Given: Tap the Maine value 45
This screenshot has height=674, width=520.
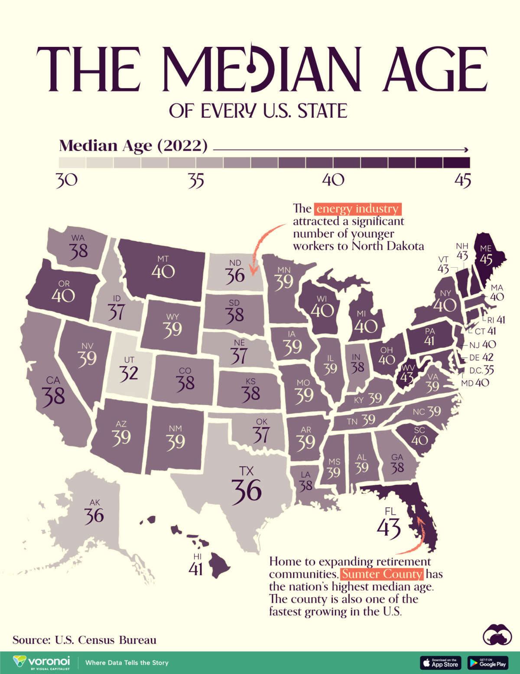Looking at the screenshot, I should coord(486,259).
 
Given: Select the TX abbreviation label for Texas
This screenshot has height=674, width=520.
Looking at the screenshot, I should coord(245,471).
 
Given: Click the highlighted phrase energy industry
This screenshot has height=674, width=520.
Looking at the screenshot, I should coord(357,209).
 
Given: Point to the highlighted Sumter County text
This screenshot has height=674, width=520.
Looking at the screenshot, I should coord(382,574).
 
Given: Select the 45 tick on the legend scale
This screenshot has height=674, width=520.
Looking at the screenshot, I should coord(462,180).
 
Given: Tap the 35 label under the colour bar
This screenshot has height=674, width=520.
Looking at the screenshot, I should coord(196,180).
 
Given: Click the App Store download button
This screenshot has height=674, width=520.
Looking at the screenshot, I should coord(440,663).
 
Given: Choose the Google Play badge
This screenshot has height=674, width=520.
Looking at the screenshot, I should coord(487,663).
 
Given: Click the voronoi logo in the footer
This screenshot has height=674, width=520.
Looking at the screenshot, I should coord(42,662).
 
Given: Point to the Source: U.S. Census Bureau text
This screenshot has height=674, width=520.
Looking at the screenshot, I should coord(84,640).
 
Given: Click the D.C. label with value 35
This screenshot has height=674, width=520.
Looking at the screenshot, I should coord(481,370).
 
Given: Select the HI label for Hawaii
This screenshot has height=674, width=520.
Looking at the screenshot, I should coord(198,556).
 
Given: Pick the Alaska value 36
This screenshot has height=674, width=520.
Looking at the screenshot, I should coord(94,516).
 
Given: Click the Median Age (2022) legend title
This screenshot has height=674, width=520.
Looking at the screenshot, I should coord(133,146).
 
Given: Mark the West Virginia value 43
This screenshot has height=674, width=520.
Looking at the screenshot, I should coord(406,376).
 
